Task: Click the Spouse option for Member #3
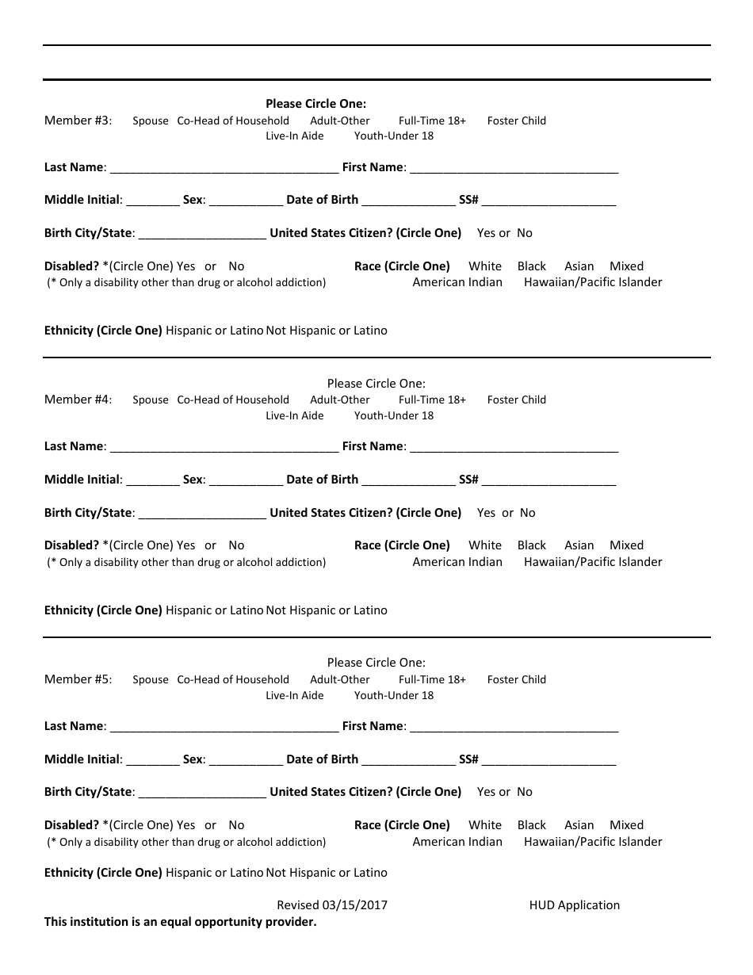151,121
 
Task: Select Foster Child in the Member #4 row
517,400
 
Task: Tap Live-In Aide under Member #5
295,695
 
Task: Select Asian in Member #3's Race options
579,266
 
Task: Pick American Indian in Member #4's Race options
457,562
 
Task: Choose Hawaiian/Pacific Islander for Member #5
593,842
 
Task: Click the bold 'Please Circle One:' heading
316,104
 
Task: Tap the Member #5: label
78,679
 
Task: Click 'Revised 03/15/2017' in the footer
332,905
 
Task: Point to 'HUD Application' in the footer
575,905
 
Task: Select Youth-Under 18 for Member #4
394,415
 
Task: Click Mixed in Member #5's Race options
626,825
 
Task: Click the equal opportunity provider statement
181,922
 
